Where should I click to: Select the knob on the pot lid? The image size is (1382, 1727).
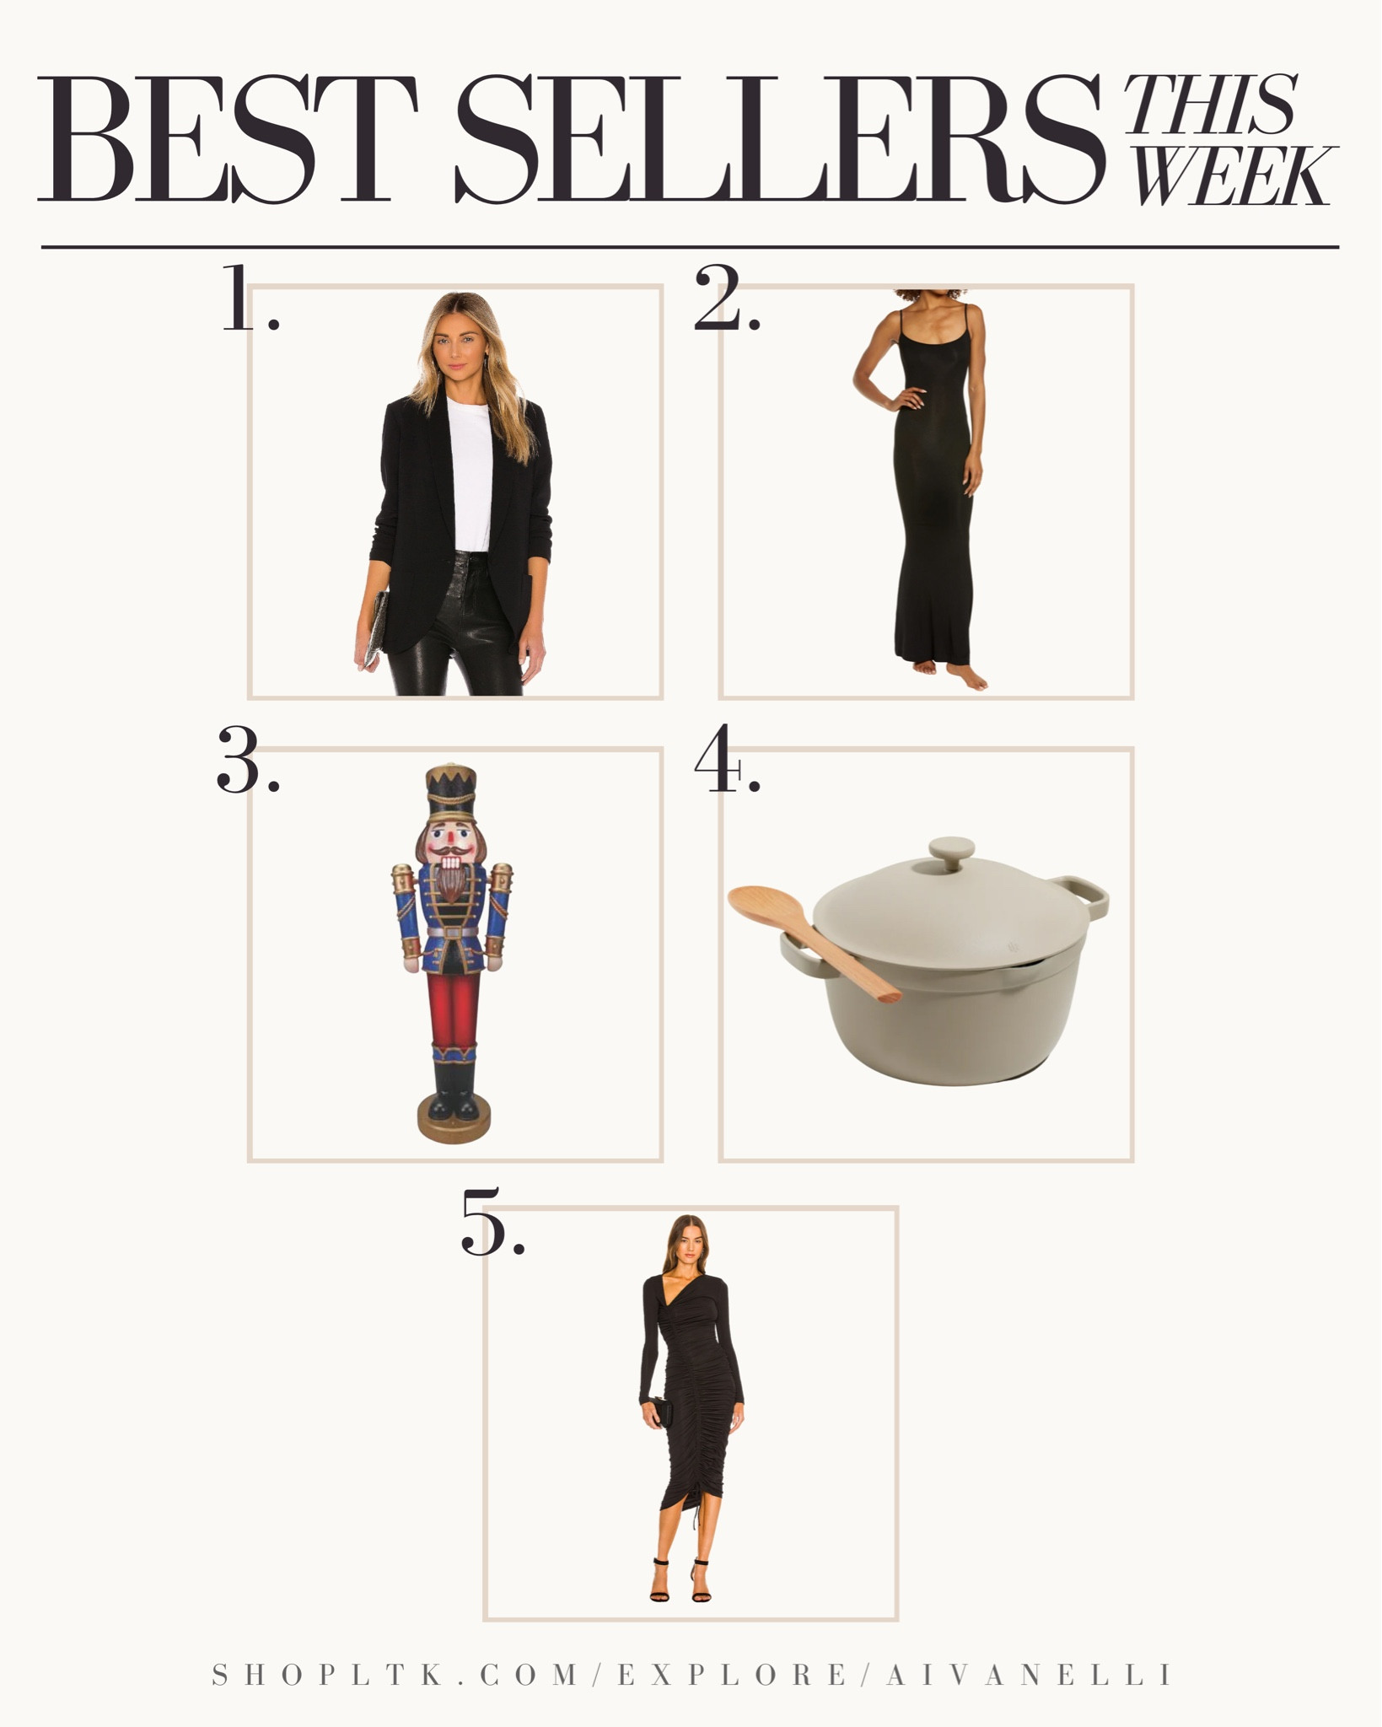951,853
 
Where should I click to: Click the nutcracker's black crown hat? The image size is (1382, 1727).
451,793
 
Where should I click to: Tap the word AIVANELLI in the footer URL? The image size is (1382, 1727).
1028,1675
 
